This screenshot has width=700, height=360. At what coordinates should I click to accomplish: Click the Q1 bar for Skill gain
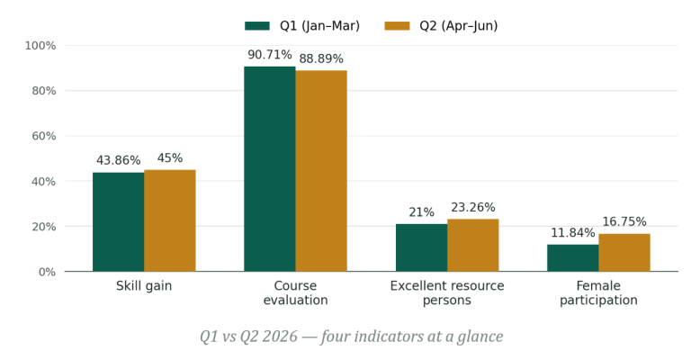[118, 222]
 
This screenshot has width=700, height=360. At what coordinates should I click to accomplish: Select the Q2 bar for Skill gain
[170, 220]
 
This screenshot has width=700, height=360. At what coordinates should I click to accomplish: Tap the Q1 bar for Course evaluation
[270, 169]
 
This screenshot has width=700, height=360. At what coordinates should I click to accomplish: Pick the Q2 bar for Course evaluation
[321, 171]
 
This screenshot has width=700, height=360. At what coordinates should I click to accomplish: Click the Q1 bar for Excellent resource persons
[421, 247]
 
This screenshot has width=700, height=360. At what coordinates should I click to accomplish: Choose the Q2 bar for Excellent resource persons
[472, 245]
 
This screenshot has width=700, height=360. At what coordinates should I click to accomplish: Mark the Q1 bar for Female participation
[573, 258]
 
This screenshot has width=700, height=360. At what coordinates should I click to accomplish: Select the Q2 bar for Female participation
[624, 253]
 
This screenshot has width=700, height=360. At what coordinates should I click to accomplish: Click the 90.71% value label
[270, 55]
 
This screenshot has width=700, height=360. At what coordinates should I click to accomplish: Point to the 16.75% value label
[624, 221]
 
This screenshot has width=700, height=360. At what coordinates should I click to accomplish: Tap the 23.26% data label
[472, 207]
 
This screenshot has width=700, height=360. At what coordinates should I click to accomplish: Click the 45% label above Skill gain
[170, 158]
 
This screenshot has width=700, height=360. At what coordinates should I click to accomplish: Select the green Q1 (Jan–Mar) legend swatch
[257, 26]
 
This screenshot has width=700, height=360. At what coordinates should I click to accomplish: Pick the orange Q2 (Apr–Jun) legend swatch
[397, 26]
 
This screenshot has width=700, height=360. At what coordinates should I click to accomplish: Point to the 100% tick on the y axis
[40, 46]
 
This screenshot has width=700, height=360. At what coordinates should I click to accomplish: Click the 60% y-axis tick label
[44, 136]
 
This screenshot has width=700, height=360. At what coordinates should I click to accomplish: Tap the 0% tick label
[47, 272]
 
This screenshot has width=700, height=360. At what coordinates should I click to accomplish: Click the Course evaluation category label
[295, 292]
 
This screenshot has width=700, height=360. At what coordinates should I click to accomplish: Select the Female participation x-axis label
[598, 292]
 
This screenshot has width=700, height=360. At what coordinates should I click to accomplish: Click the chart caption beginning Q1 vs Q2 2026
[351, 336]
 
